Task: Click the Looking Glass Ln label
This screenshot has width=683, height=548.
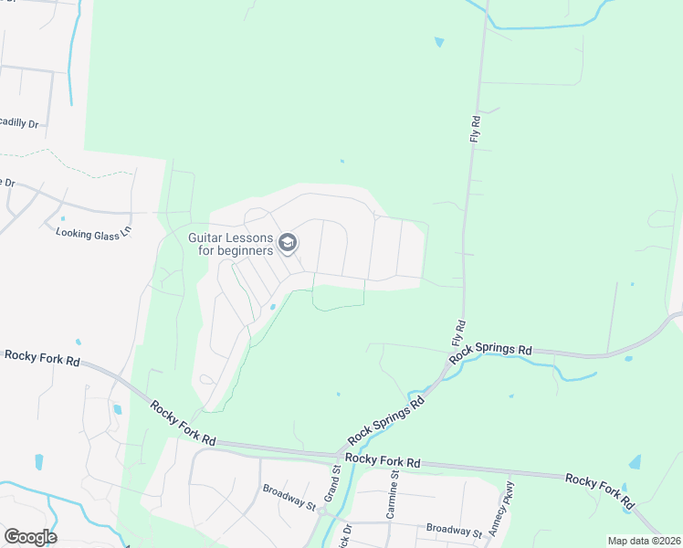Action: click(x=94, y=233)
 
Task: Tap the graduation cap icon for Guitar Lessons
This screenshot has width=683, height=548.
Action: click(x=288, y=242)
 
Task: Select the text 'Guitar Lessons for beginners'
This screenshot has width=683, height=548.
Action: click(x=231, y=244)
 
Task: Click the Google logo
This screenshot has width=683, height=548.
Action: click(x=30, y=537)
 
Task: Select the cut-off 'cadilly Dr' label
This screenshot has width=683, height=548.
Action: click(x=19, y=123)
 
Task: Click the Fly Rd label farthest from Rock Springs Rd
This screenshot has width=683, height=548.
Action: click(x=475, y=128)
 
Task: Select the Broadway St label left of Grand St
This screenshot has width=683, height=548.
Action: click(x=289, y=498)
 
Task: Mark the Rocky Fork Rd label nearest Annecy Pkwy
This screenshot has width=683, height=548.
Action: click(x=600, y=491)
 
